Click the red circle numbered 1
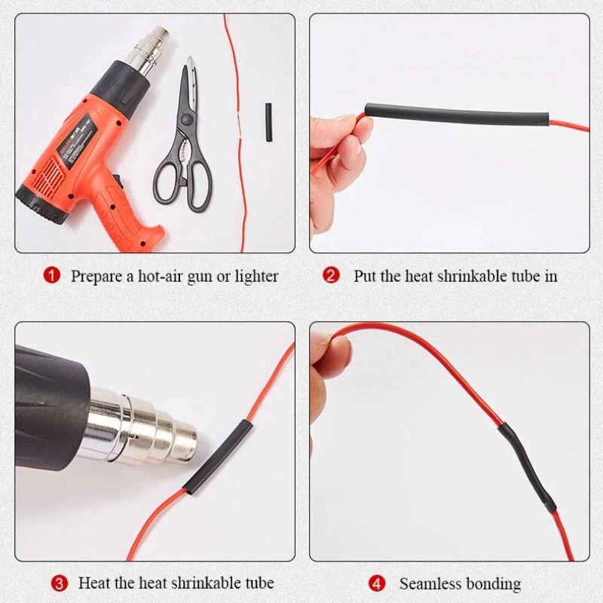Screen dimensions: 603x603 coord(52,276)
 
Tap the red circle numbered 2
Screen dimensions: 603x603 coord(331,276)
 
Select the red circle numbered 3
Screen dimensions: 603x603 coord(60,583)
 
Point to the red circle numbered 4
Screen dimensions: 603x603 coord(376,583)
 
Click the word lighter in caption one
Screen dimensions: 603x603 coord(256,277)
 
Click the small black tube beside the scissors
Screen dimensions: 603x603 coord(268,122)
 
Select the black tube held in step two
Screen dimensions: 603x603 coord(458,114)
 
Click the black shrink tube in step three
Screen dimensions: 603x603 coord(218,458)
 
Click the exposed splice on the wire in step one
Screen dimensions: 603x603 coord(239,122)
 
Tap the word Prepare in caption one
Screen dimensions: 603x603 coord(96,277)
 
